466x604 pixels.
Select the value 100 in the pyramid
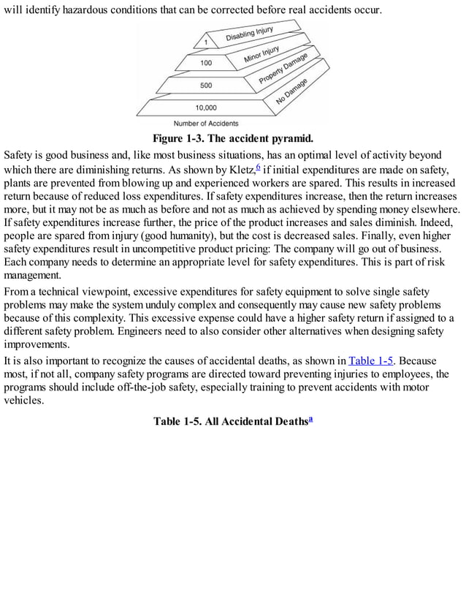207,63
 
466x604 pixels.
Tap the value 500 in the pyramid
207,86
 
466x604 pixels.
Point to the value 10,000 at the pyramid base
206,108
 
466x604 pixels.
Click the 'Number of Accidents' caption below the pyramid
206,124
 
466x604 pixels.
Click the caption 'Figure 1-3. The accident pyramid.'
232,138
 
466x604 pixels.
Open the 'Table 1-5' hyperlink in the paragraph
372,360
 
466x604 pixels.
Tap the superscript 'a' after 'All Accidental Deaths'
310,418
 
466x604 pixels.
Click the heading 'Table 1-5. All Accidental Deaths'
229,421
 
